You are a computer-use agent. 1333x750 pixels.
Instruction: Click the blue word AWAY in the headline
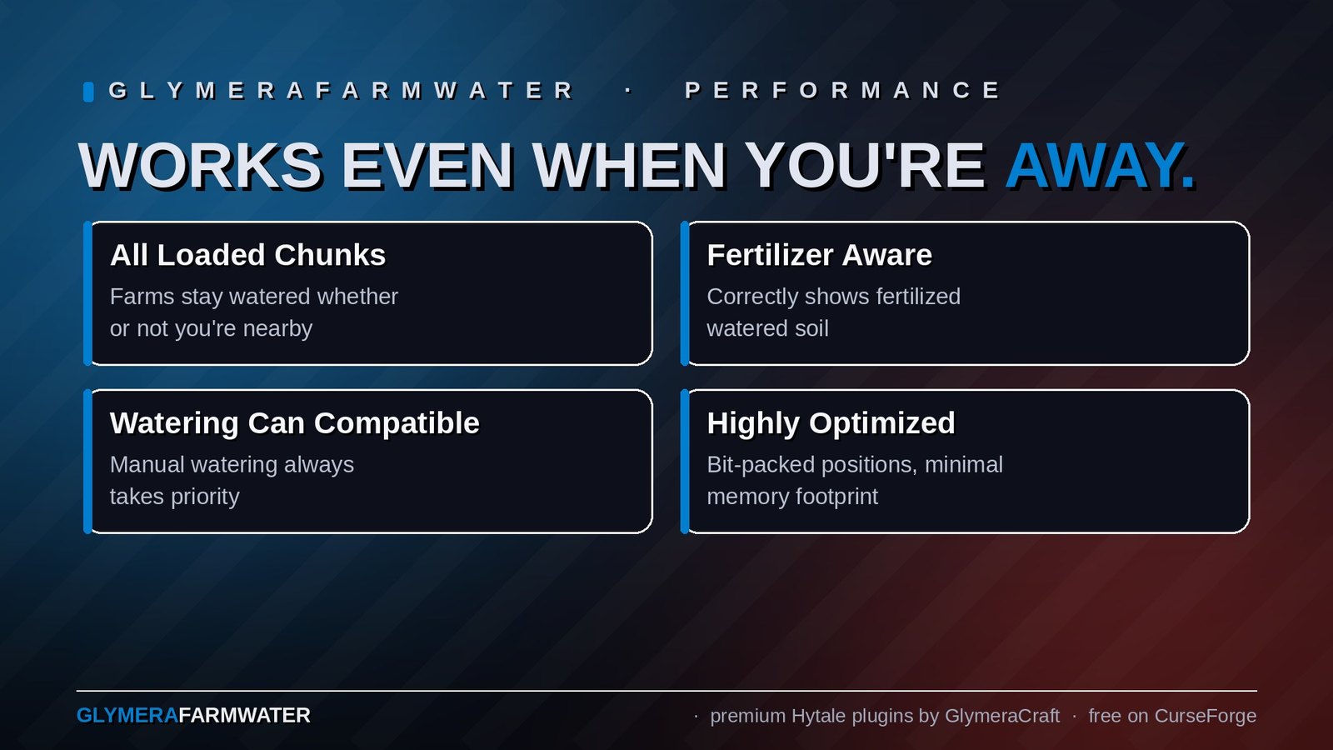(x=1099, y=166)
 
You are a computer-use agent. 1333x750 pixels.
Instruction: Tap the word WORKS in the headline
(x=200, y=166)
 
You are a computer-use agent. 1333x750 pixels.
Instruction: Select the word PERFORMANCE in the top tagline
(x=842, y=90)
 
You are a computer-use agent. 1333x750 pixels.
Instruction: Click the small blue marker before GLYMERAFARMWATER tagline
(x=88, y=92)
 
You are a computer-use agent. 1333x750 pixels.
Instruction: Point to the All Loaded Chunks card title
(x=247, y=255)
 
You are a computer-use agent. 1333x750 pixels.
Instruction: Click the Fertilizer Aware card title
(x=819, y=255)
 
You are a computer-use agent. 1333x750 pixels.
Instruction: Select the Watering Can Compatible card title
(x=295, y=423)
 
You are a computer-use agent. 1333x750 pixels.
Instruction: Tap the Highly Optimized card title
(x=831, y=423)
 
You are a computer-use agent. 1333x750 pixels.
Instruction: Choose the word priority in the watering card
(x=205, y=497)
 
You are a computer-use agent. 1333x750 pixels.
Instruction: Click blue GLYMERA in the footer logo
(x=127, y=716)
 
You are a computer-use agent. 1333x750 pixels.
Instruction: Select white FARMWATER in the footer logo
(x=245, y=716)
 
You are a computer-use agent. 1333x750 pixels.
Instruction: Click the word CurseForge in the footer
(x=1205, y=716)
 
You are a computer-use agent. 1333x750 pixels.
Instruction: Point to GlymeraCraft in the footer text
(x=1002, y=716)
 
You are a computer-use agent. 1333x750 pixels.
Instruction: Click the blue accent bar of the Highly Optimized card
(x=685, y=462)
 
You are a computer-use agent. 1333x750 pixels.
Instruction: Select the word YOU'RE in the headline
(x=865, y=166)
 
